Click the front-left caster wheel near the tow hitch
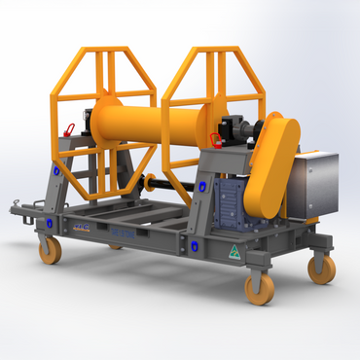coord(49,250)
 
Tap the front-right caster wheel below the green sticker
coord(259,288)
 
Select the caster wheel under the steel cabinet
coord(321,268)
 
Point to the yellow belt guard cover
coord(272,165)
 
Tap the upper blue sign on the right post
coord(202,182)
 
